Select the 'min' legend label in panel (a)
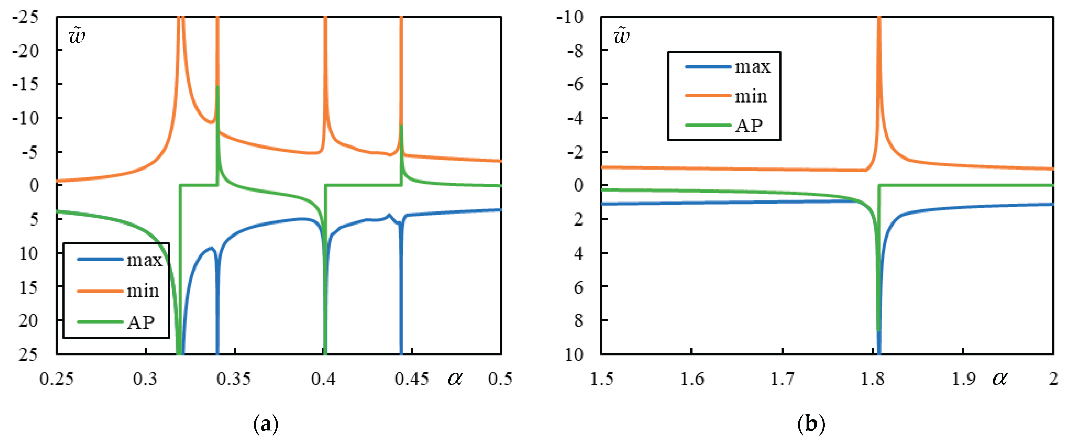143,291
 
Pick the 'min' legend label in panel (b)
751,96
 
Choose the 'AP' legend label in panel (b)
749,126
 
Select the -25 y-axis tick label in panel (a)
26,17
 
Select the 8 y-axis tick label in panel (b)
578,321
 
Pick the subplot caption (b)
811,424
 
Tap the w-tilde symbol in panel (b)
621,36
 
